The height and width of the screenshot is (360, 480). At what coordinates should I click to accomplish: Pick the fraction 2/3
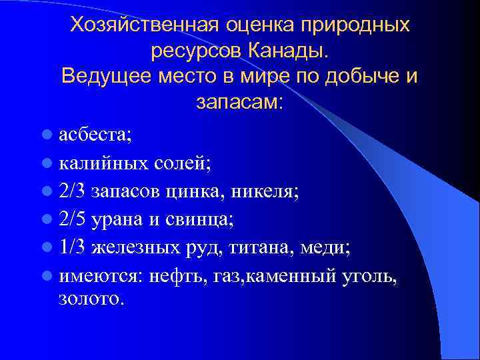[x=72, y=192]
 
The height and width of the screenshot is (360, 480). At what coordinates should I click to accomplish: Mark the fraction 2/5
[x=72, y=220]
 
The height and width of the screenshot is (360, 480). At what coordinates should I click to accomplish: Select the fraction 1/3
[x=72, y=248]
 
